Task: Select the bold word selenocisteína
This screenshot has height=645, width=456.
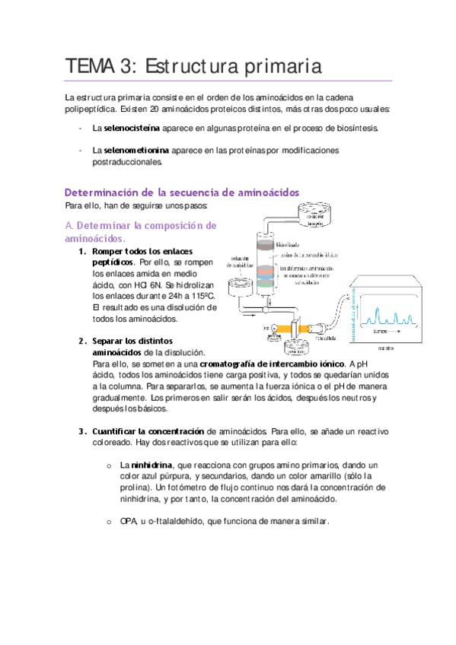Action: point(126,129)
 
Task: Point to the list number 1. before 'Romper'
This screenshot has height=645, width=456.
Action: point(82,252)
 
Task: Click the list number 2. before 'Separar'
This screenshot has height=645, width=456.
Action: point(82,342)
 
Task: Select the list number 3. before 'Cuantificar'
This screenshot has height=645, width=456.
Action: point(82,431)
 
